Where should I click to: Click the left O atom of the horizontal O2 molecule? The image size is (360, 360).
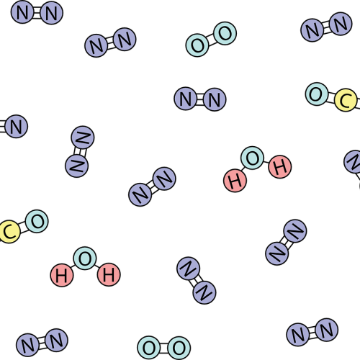tap(149, 348)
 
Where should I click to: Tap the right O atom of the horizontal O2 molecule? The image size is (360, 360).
tap(179, 348)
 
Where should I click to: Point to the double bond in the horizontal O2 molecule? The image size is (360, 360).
tap(164, 348)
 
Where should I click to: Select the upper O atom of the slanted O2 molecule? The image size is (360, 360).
tap(225, 34)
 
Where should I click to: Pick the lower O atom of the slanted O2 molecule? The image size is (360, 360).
tap(197, 45)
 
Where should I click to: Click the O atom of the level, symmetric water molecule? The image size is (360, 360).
tap(85, 258)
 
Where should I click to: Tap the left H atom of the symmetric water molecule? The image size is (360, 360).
tap(62, 275)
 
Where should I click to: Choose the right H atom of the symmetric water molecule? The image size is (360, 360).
tap(109, 274)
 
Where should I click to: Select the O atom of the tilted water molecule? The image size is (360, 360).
tap(252, 158)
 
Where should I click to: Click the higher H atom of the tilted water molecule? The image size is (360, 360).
tap(280, 166)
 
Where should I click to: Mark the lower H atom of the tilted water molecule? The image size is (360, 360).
tap(235, 181)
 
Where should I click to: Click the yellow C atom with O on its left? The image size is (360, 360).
tap(346, 100)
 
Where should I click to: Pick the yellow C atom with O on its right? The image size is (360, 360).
tap(9, 232)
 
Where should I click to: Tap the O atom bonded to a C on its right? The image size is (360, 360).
tap(317, 94)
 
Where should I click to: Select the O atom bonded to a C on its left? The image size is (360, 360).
tap(37, 221)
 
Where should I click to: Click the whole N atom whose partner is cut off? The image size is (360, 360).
tap(16, 126)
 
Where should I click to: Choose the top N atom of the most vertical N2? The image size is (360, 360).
tap(83, 138)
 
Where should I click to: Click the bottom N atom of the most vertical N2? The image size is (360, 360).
tap(77, 166)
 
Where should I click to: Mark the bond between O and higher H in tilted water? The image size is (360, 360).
tap(266, 162)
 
